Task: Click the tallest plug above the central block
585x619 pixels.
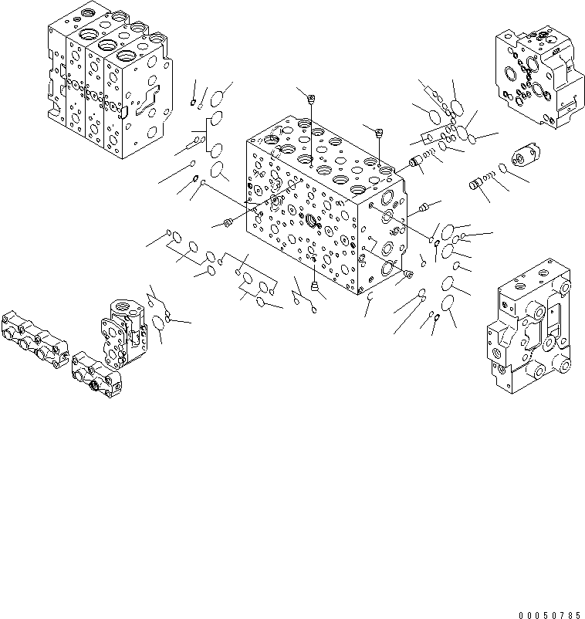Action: click(309, 98)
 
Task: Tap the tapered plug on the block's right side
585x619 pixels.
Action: click(424, 207)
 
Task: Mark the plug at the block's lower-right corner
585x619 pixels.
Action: click(408, 274)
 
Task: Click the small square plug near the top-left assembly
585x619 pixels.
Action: click(192, 102)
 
